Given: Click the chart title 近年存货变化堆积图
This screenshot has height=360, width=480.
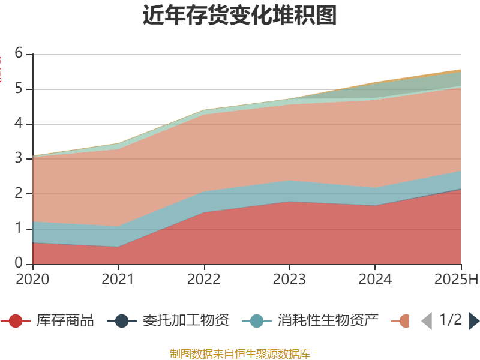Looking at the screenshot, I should pos(240,16).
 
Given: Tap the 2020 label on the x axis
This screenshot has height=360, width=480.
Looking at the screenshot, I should pos(33,279).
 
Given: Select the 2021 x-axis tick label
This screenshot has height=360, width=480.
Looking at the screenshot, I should pos(118,279).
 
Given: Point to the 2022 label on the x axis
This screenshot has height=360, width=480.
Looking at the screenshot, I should pos(204,279).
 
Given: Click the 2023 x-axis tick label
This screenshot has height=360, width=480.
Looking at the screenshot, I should pos(290,279).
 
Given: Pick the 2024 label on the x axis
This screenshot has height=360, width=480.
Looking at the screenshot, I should pos(375,279).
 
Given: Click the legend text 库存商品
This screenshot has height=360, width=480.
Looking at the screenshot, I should pos(65,320).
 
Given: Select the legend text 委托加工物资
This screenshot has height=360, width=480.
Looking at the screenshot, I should pos(185,320).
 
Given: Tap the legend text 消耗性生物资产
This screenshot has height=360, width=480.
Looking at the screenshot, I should pos(328,320).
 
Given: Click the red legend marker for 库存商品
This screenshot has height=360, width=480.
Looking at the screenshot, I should pos(16,321).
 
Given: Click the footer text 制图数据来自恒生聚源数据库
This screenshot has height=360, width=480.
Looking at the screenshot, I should pos(240,353).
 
